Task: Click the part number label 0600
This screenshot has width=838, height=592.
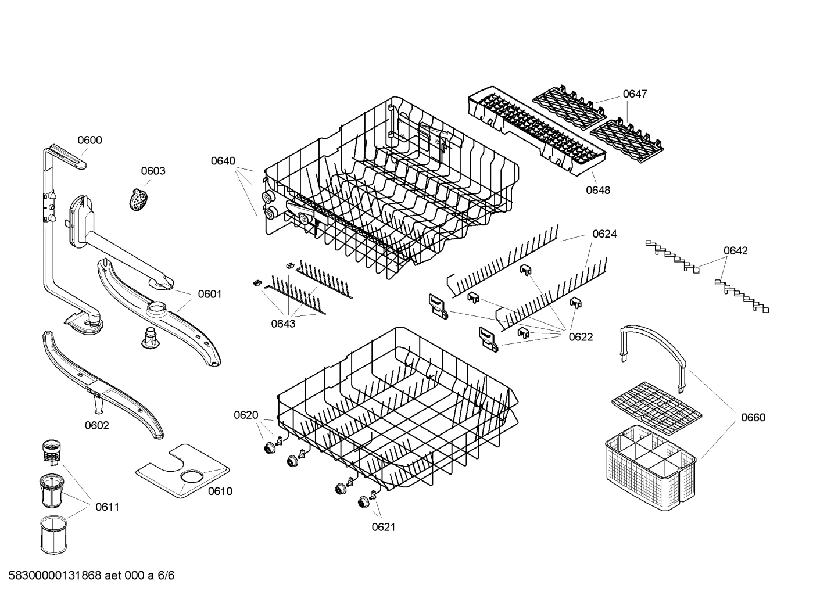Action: [x=90, y=140]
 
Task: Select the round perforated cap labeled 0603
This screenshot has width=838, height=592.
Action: [x=138, y=199]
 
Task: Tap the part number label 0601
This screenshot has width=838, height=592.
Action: [x=210, y=294]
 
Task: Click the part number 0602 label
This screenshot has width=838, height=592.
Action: [x=97, y=425]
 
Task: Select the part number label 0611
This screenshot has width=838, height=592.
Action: [x=107, y=507]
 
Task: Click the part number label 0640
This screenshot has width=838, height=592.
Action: [x=223, y=161]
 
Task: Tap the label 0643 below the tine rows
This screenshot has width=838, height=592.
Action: [x=283, y=324]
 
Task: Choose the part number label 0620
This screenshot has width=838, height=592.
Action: [x=246, y=415]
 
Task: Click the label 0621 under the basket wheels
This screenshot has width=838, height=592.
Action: [x=384, y=527]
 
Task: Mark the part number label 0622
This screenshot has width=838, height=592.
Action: [x=581, y=337]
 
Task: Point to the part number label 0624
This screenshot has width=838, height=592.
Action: [x=604, y=234]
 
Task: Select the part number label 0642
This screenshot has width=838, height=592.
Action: [x=735, y=251]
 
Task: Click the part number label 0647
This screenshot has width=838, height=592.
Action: [x=635, y=94]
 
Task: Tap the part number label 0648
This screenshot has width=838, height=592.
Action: [x=598, y=190]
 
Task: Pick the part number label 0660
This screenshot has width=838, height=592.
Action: [x=753, y=417]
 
